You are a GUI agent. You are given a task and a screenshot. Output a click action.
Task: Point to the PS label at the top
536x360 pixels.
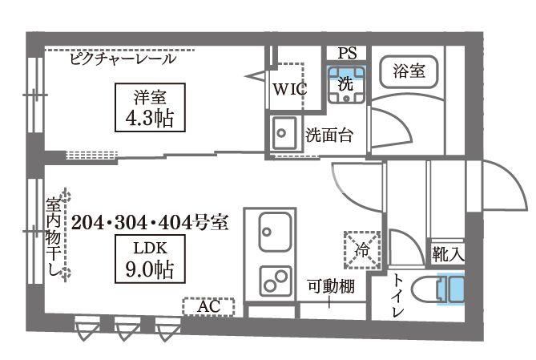tap(346, 54)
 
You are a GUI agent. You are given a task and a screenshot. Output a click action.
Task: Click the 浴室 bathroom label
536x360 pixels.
tap(409, 71)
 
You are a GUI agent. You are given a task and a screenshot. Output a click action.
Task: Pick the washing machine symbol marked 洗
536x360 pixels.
tap(346, 83)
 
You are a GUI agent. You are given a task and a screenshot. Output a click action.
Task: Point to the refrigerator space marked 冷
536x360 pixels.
tap(360, 249)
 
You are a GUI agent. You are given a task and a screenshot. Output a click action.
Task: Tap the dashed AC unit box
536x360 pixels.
tap(208, 306)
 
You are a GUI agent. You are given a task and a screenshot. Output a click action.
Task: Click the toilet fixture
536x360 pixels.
tap(448, 289)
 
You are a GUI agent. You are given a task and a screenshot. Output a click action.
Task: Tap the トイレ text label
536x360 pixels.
tap(398, 296)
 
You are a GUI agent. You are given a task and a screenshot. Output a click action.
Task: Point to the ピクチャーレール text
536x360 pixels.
tap(122, 59)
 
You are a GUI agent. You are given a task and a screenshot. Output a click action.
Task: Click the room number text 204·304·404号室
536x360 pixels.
tap(150, 223)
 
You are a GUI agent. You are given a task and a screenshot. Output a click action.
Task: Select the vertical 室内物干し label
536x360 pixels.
tap(54, 237)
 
